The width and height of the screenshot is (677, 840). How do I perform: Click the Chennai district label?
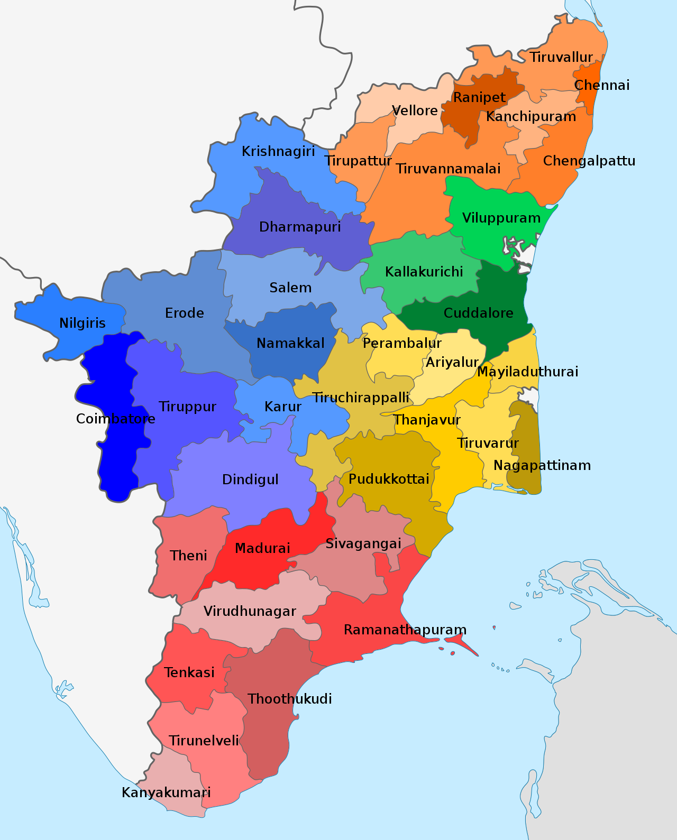[x=602, y=85]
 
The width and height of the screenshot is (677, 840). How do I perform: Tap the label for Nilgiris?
[x=83, y=323]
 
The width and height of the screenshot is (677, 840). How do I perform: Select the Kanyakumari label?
[x=166, y=792]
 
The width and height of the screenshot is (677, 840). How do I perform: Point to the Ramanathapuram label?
[x=405, y=630]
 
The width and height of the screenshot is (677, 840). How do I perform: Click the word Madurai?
[x=262, y=548]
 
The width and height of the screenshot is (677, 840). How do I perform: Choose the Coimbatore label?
[x=116, y=419]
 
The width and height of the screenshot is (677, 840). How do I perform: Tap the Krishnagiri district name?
[x=278, y=151]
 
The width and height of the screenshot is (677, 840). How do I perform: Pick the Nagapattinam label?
[x=542, y=465]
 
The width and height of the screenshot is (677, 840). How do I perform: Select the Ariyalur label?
[x=452, y=362]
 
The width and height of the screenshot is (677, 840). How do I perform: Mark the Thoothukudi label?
[x=290, y=699]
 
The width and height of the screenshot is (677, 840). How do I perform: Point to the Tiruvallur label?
[x=561, y=57]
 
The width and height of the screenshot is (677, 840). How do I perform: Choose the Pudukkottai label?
[x=389, y=479]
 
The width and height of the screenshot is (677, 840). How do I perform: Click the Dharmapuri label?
[x=300, y=227]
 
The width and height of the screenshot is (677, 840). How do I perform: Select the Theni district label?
[x=188, y=556]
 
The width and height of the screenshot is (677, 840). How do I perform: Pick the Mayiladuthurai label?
[x=527, y=372]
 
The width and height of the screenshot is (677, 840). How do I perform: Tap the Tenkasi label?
[x=189, y=672]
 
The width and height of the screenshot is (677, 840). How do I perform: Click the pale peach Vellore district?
[x=418, y=127]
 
